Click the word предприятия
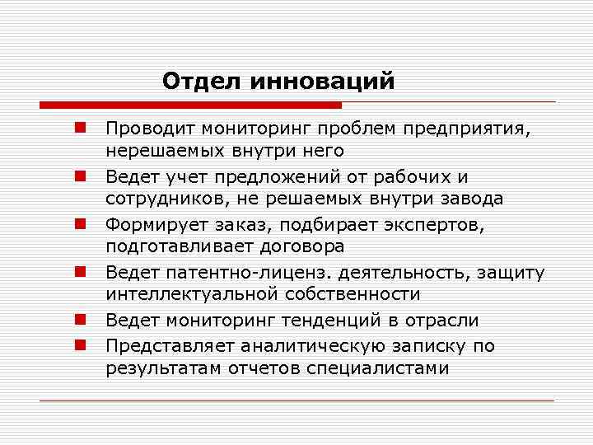point(469,129)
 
